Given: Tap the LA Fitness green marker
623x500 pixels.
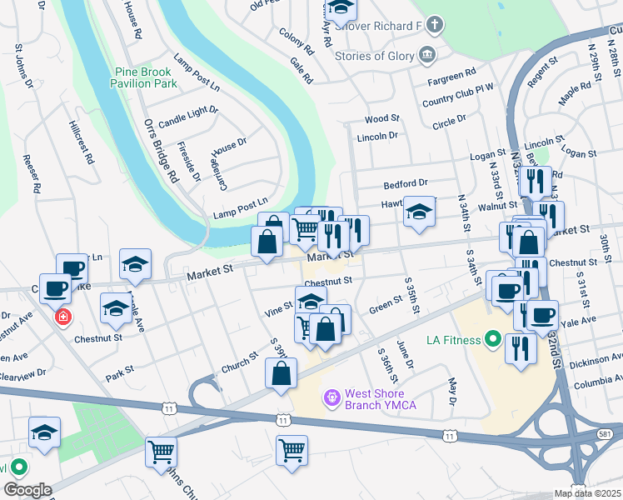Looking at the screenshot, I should click(493, 339).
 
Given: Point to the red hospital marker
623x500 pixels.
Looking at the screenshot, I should click(62, 317).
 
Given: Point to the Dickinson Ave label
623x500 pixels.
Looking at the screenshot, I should click(599, 358).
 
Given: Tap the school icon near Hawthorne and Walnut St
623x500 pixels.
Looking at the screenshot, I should click(420, 211).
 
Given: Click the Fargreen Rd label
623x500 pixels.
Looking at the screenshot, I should click(451, 74).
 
